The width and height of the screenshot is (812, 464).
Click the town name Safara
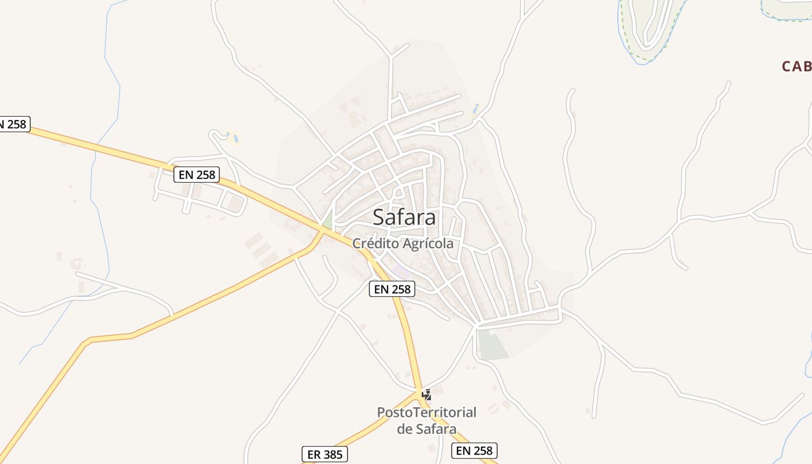[x=404, y=217]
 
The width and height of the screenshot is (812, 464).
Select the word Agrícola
[x=428, y=244]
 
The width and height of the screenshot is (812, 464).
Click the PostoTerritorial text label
[x=426, y=412]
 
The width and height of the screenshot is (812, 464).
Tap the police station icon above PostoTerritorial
[x=427, y=395]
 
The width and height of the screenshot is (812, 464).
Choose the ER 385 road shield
[x=325, y=455]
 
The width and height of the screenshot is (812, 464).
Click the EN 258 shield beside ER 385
[x=474, y=451]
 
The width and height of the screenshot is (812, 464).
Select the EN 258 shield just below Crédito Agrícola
[x=392, y=289]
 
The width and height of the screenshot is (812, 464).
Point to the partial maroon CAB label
[x=796, y=67]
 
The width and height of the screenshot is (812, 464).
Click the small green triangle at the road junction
[x=328, y=221]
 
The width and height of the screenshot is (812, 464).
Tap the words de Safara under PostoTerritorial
[x=426, y=429]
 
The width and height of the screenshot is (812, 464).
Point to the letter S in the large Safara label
[x=379, y=217]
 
